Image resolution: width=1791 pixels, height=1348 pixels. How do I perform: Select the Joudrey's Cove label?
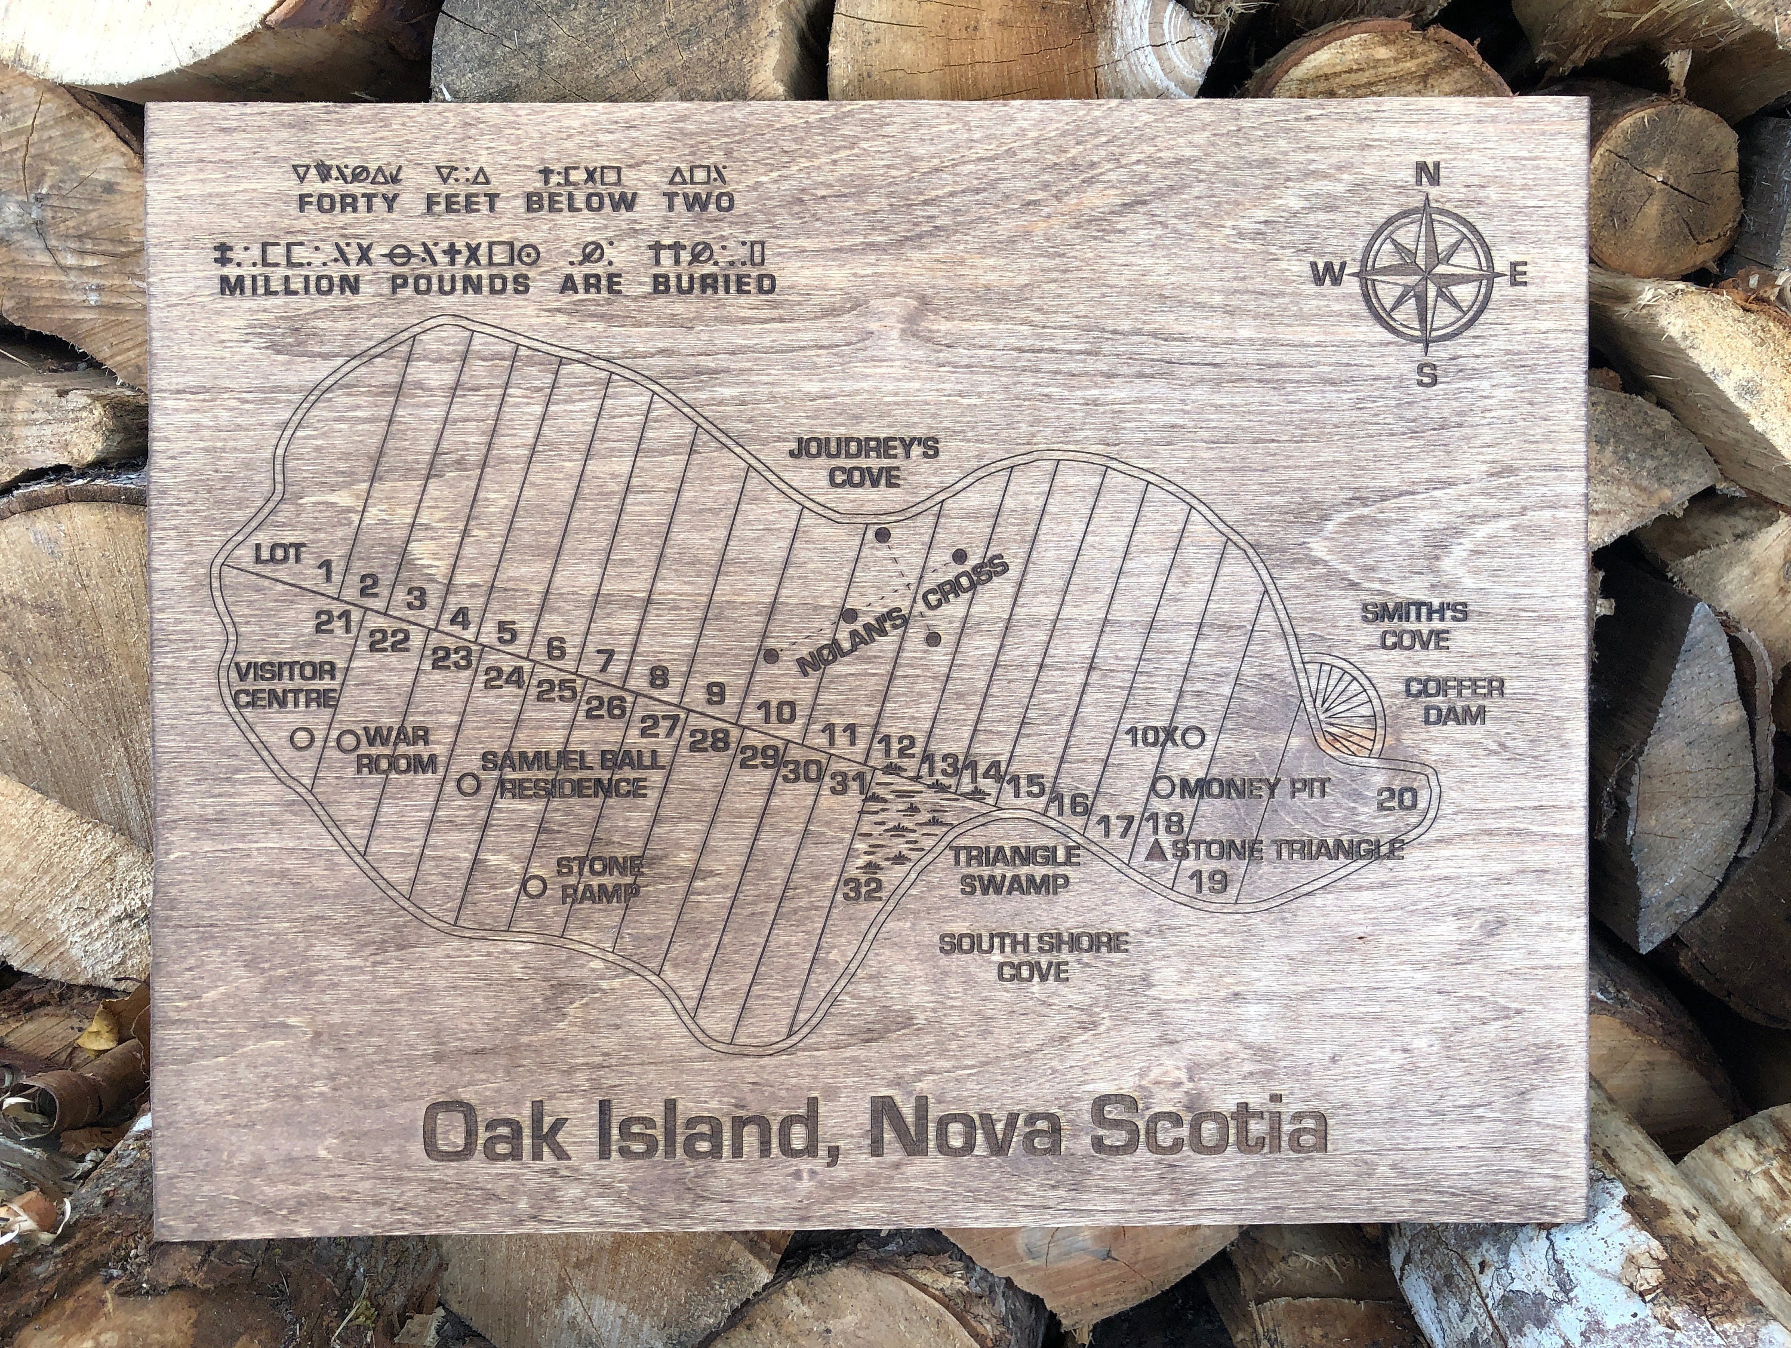click(864, 463)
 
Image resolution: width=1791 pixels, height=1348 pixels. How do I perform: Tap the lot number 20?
click(1398, 800)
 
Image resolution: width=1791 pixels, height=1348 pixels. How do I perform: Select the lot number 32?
click(861, 889)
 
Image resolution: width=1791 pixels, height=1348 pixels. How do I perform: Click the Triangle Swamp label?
click(1015, 869)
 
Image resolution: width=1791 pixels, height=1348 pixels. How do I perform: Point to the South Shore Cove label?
click(1033, 957)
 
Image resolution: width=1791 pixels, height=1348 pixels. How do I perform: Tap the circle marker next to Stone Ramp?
click(534, 886)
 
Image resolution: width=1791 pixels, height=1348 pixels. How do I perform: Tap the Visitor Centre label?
click(285, 684)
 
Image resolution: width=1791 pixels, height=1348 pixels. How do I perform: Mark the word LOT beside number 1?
click(279, 555)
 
